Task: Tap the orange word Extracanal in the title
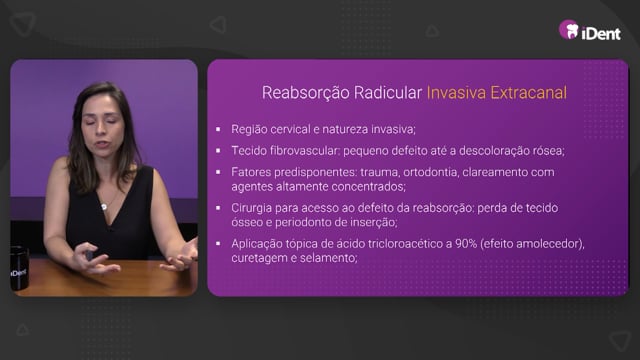528,93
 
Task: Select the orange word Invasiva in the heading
456,93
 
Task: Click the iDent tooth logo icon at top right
569,30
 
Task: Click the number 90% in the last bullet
466,244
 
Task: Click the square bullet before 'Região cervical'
218,129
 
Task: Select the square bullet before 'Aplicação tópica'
218,244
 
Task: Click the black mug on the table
19,268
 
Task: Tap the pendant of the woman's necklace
104,207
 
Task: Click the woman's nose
102,130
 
